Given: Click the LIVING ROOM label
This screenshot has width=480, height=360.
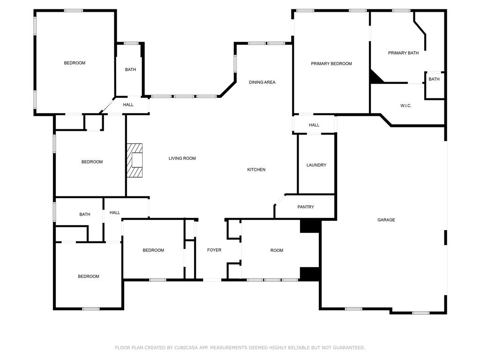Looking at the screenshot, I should (x=182, y=158).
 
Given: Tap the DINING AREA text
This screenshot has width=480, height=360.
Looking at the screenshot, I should (x=262, y=82).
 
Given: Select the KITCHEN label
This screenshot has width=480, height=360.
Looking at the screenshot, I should (x=256, y=170).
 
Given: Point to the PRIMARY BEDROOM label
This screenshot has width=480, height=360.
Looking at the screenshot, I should (x=331, y=64).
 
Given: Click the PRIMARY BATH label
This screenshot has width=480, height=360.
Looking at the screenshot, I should (x=403, y=53).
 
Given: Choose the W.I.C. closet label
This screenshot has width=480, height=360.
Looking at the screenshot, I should (x=406, y=106).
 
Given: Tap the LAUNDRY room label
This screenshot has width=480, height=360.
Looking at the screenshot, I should (x=316, y=165).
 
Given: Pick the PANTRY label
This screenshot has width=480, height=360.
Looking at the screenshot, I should (x=306, y=207).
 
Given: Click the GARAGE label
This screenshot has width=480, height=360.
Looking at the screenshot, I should (x=386, y=220).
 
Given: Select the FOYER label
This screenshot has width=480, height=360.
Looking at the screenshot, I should (x=214, y=250).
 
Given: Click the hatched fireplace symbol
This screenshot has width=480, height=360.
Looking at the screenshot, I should (x=135, y=160).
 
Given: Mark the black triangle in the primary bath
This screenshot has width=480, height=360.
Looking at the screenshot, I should (x=375, y=78).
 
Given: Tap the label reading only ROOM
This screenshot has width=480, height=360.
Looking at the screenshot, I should (x=277, y=250).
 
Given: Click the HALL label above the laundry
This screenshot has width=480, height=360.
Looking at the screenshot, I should (x=314, y=125).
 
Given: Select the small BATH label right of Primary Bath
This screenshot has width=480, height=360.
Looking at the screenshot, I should (x=434, y=79).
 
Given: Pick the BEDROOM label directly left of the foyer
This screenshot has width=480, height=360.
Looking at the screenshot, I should (x=153, y=250).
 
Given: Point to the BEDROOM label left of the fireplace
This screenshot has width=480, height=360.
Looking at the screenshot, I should (x=92, y=162).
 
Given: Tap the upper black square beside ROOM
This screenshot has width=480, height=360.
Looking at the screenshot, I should (x=310, y=226).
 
